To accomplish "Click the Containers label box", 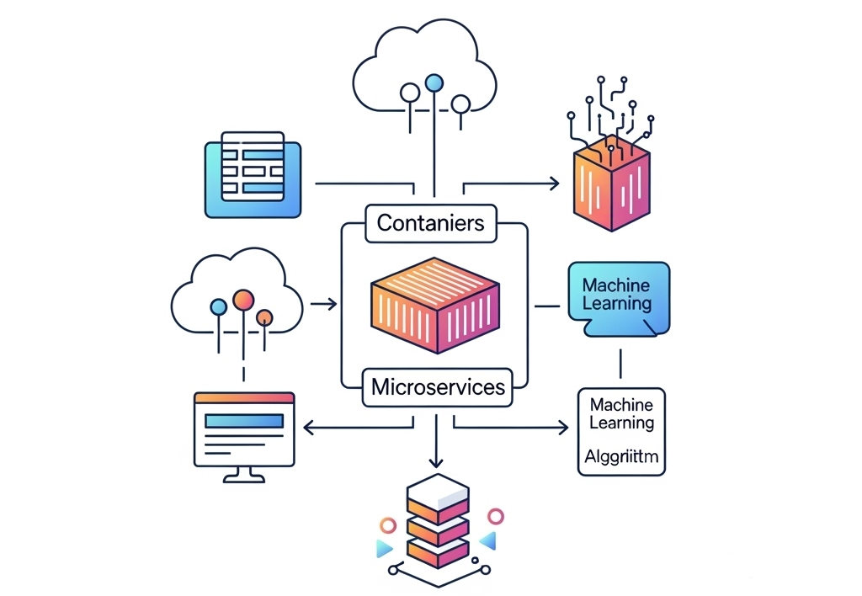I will point(431,222).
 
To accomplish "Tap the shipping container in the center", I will point(434,304).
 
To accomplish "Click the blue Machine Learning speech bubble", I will point(618,294).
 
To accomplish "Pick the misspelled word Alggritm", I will point(621,459).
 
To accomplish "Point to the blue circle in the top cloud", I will point(434,82).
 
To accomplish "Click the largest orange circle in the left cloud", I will point(243,299).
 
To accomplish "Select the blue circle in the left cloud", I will point(219,307).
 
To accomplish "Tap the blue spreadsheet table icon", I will point(253,174).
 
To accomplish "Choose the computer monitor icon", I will point(243,432).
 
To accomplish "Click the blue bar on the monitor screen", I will point(244,421).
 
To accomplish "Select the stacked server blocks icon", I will point(436,519).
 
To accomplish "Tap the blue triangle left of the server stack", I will point(384,548).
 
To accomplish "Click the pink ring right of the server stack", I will point(496,516).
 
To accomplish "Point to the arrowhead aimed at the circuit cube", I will point(555,183).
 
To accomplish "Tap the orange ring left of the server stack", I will point(388,525).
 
